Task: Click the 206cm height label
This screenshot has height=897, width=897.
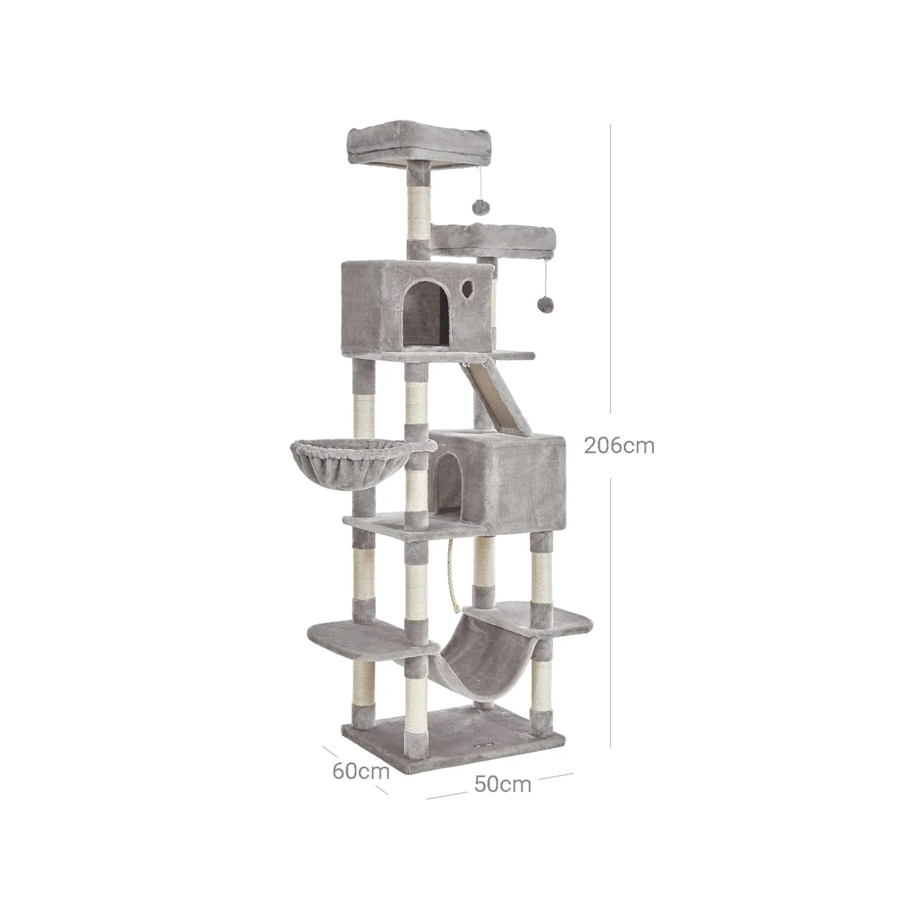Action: pos(619,446)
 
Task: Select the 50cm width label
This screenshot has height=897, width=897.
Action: pos(503,784)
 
